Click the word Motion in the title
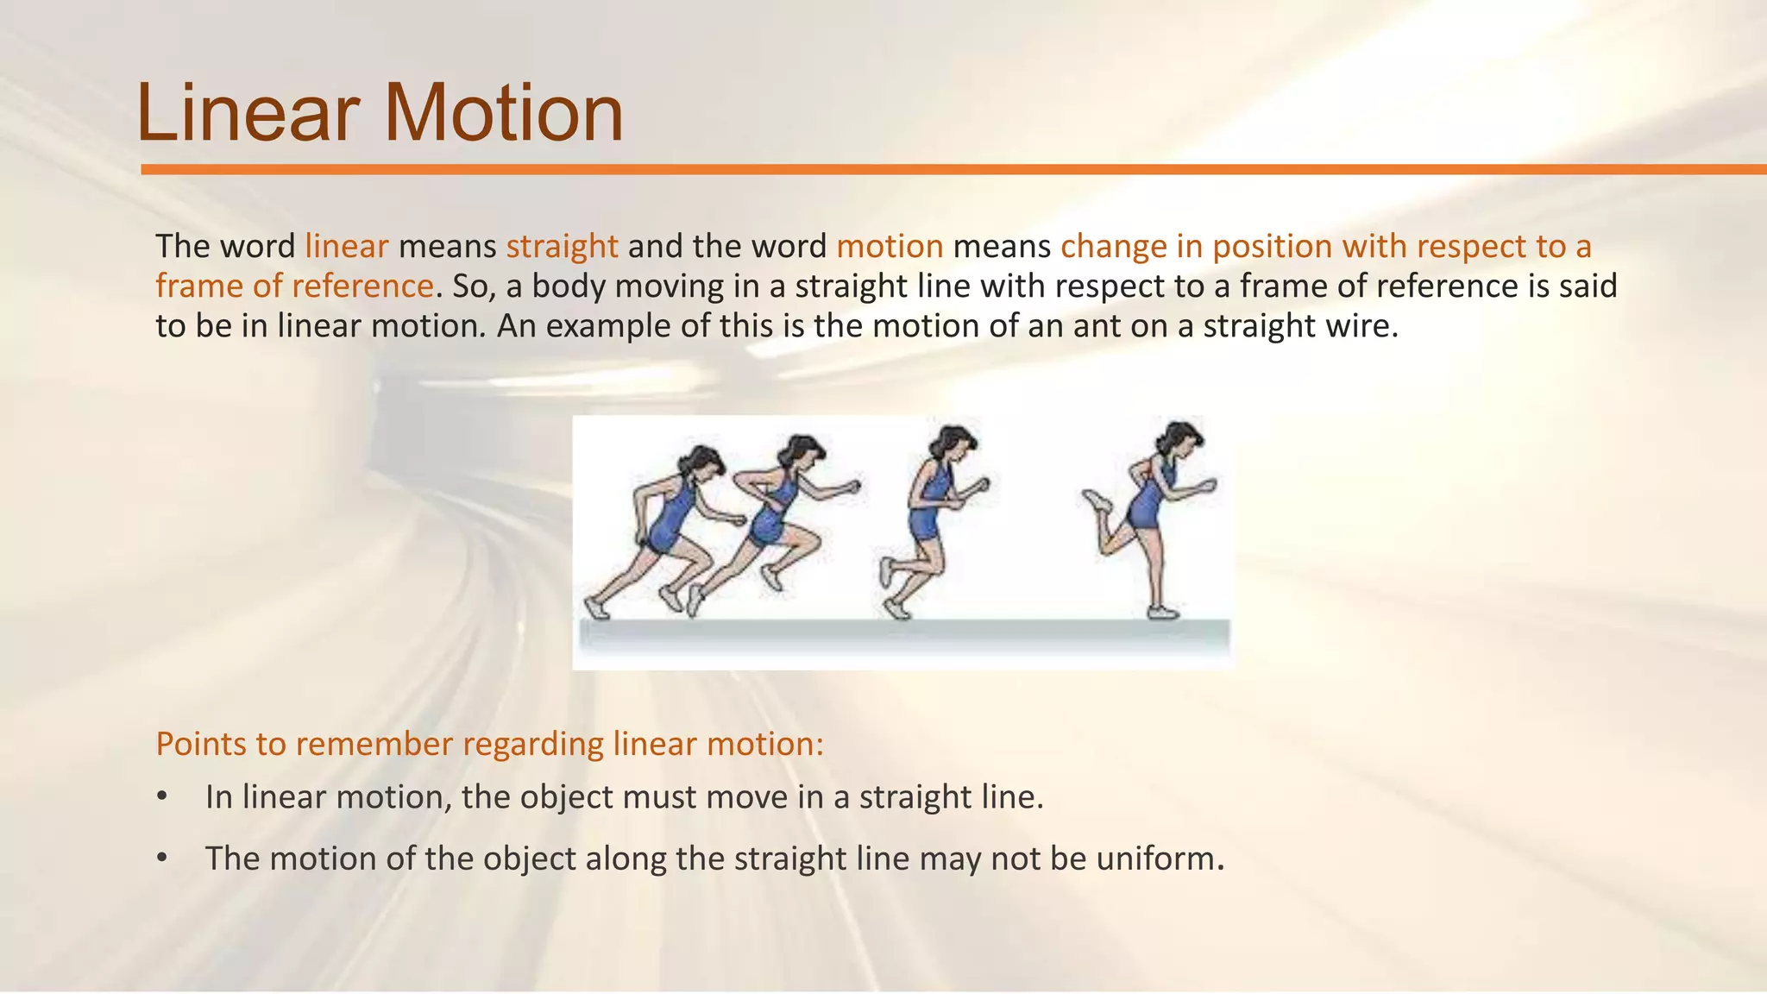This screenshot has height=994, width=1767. (x=503, y=113)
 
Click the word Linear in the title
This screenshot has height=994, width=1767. (x=248, y=113)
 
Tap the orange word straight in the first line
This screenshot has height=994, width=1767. (x=562, y=247)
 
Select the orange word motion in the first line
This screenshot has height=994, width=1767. (x=890, y=247)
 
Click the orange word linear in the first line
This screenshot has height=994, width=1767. (x=347, y=247)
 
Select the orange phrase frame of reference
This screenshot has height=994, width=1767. (x=294, y=286)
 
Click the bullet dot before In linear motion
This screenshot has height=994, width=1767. (x=161, y=797)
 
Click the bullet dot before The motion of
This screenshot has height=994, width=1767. (x=161, y=859)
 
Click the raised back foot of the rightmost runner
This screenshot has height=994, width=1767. (x=1096, y=500)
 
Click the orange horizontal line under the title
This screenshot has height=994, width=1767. (x=949, y=170)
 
